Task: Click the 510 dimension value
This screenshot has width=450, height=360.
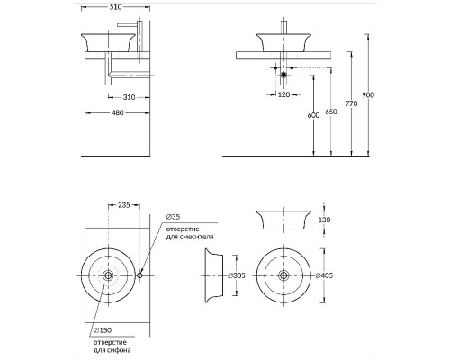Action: coord(115,7)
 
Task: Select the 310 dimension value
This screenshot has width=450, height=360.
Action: coord(129,97)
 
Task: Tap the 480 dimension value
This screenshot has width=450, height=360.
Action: coord(118,112)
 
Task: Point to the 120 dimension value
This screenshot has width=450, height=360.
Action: coord(283,94)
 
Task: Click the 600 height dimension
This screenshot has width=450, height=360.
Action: coord(313,115)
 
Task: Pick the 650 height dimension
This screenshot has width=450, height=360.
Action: coord(331,112)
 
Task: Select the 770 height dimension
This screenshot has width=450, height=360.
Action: coord(351,103)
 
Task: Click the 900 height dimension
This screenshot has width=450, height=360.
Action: coord(368,95)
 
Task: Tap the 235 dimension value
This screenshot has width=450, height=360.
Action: coord(124,205)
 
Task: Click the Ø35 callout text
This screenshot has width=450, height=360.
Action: coord(173,217)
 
